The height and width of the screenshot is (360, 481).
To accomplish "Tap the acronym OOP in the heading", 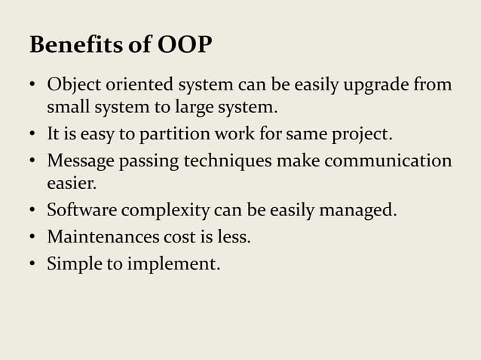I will tap(185, 46).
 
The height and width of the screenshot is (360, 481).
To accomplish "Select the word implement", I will tap(179, 264).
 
